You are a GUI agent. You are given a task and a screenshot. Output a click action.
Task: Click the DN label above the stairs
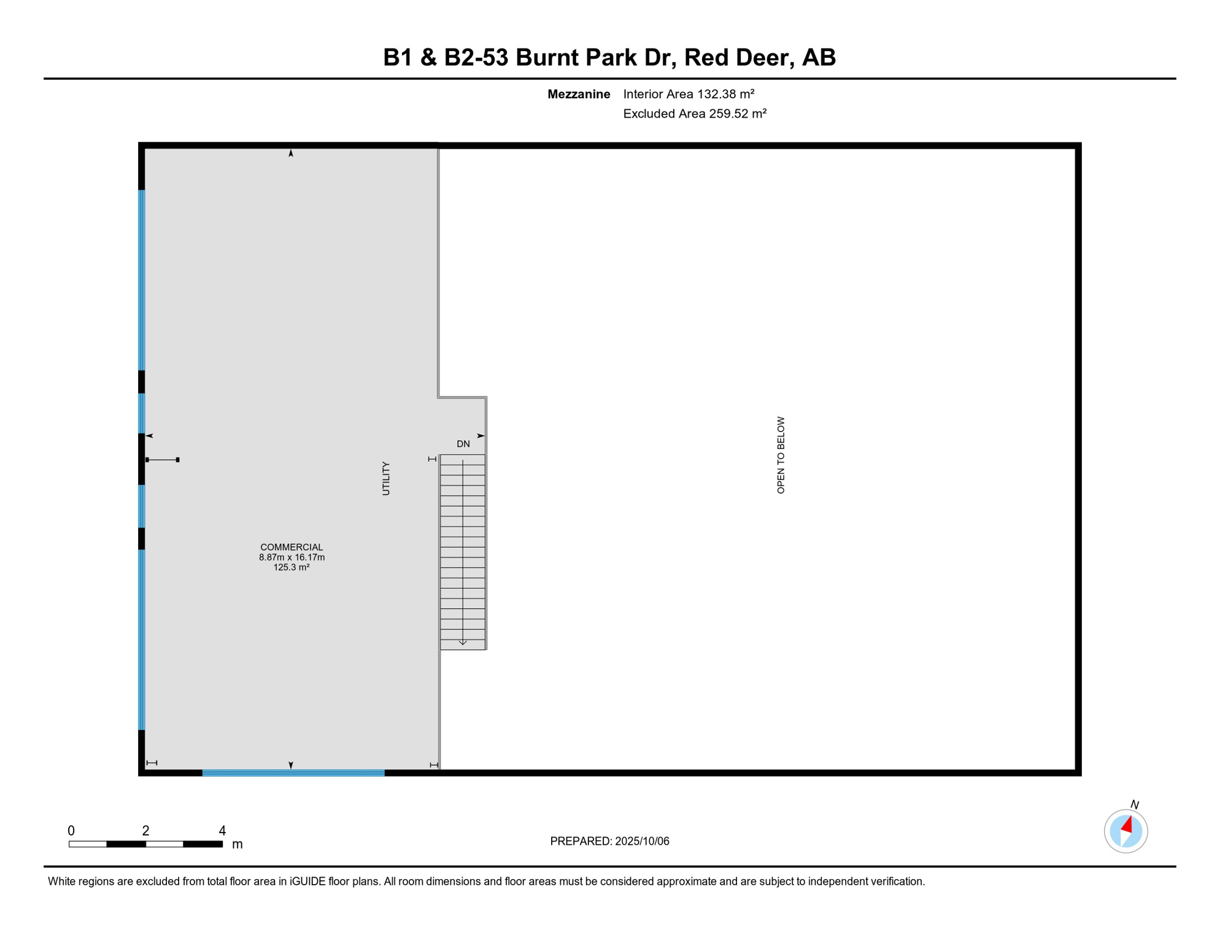(463, 444)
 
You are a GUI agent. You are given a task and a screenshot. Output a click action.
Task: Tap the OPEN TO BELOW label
(781, 455)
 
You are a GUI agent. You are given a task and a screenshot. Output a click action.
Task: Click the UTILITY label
(386, 478)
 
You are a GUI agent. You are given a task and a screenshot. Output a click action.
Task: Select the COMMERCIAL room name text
(291, 547)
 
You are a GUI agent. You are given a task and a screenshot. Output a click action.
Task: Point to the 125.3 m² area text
(291, 567)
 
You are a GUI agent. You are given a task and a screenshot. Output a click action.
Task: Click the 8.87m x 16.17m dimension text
(291, 557)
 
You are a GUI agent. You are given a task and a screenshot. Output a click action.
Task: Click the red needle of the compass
(1127, 825)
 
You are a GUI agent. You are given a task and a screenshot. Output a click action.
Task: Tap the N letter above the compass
(1135, 804)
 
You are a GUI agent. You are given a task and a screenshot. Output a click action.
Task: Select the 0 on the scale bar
(71, 831)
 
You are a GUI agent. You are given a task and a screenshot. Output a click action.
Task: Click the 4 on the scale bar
(222, 831)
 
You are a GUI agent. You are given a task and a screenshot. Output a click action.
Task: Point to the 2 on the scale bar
(145, 831)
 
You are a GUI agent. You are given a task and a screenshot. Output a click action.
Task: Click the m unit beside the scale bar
(237, 845)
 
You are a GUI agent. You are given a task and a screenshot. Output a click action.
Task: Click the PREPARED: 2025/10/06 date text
(609, 841)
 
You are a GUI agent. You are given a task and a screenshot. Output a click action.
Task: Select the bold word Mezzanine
(579, 94)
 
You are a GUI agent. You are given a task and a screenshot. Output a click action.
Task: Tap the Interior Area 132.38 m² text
(689, 94)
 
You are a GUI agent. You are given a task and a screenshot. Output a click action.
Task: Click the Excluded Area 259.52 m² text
(695, 114)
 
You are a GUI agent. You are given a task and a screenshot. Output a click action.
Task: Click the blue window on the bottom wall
(293, 773)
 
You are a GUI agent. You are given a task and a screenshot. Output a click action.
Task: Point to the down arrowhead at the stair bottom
(463, 643)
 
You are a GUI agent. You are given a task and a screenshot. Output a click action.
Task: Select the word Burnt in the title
(547, 58)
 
